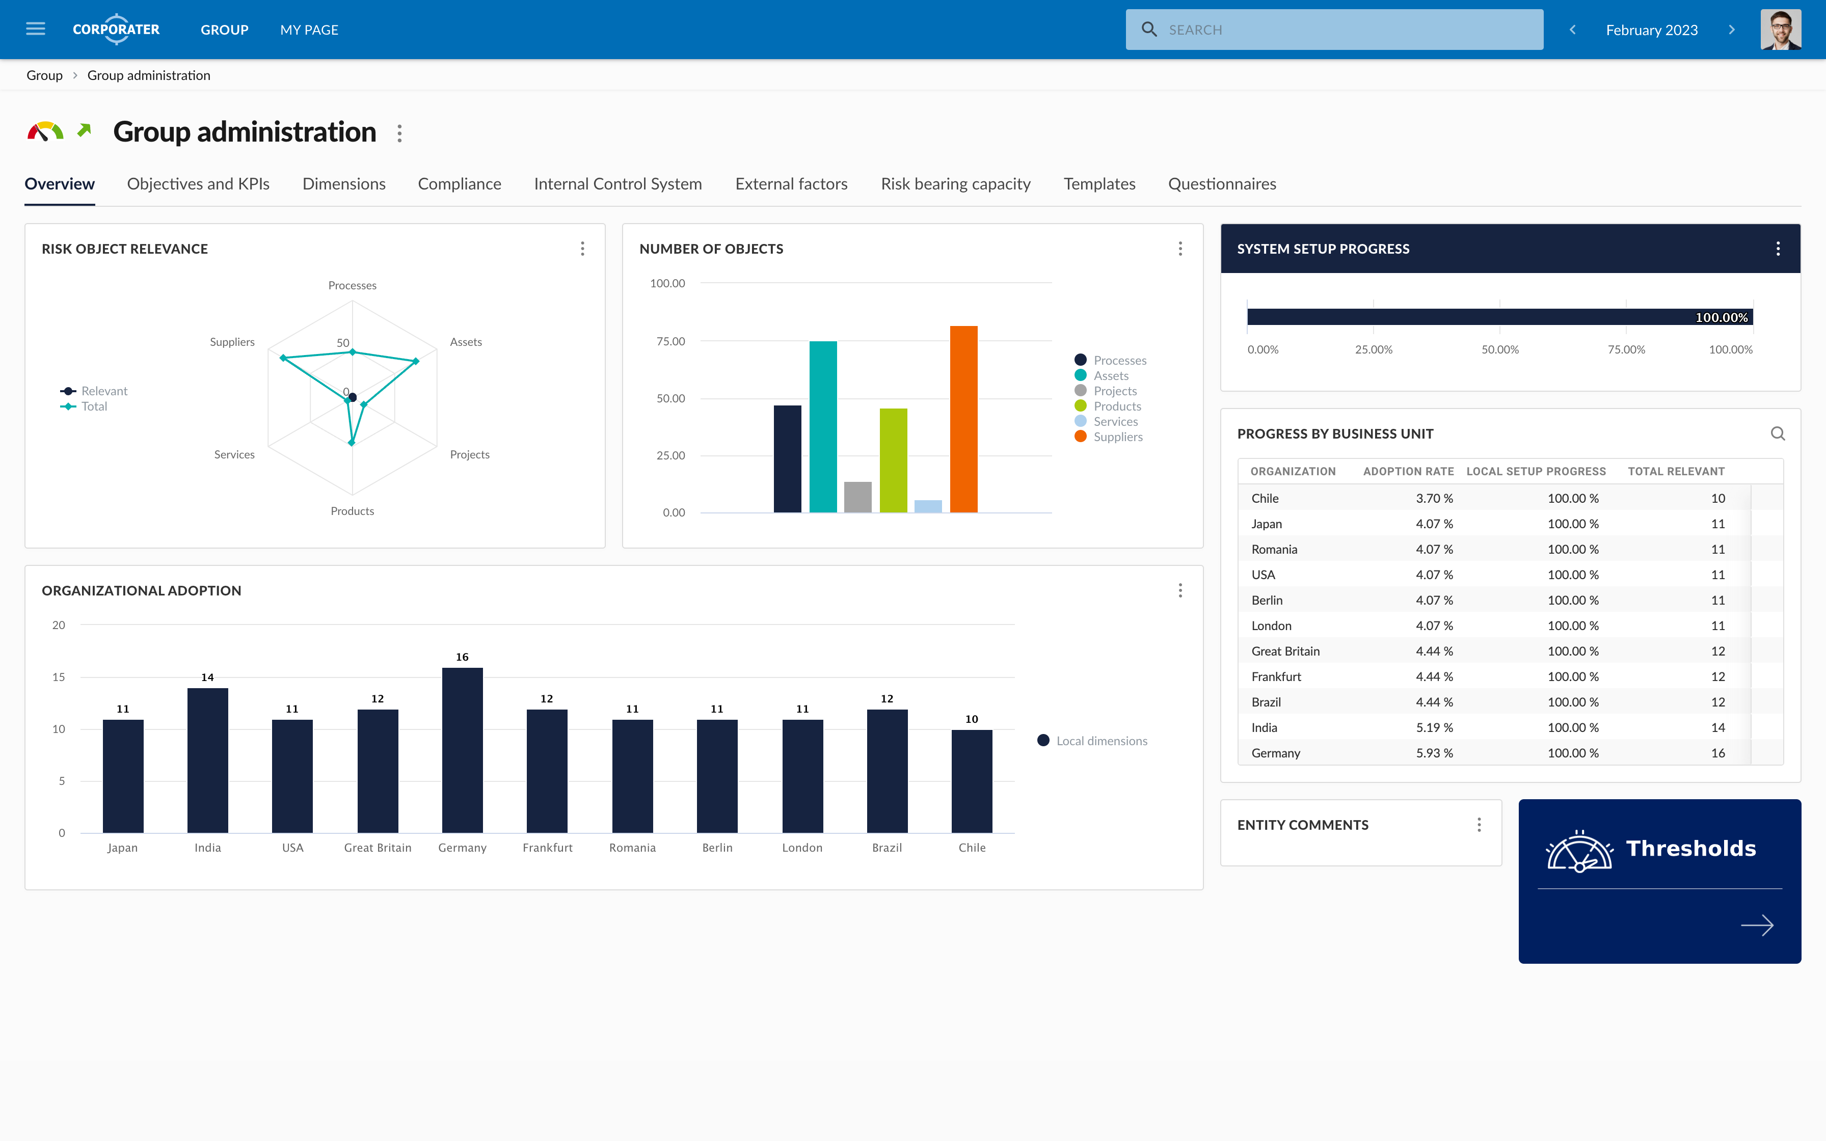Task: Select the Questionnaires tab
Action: pyautogui.click(x=1222, y=183)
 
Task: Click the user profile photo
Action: pyautogui.click(x=1780, y=30)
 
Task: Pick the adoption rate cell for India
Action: pyautogui.click(x=1434, y=727)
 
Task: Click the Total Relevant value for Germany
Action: pyautogui.click(x=1717, y=753)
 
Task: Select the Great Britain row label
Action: pyautogui.click(x=1285, y=651)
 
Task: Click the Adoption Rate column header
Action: pyautogui.click(x=1408, y=471)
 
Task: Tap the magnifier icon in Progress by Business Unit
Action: pyautogui.click(x=1777, y=433)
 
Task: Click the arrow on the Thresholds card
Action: pyautogui.click(x=1757, y=925)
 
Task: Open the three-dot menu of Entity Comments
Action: pyautogui.click(x=1478, y=825)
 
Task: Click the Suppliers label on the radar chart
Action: pyautogui.click(x=232, y=342)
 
